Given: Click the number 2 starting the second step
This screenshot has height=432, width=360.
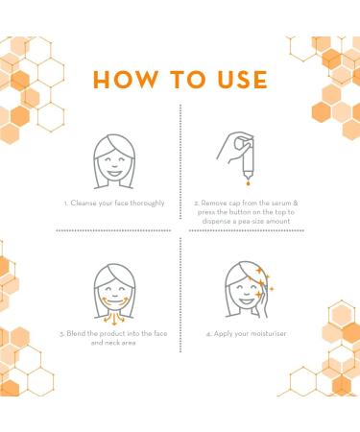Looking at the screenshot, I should click(x=196, y=204).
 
